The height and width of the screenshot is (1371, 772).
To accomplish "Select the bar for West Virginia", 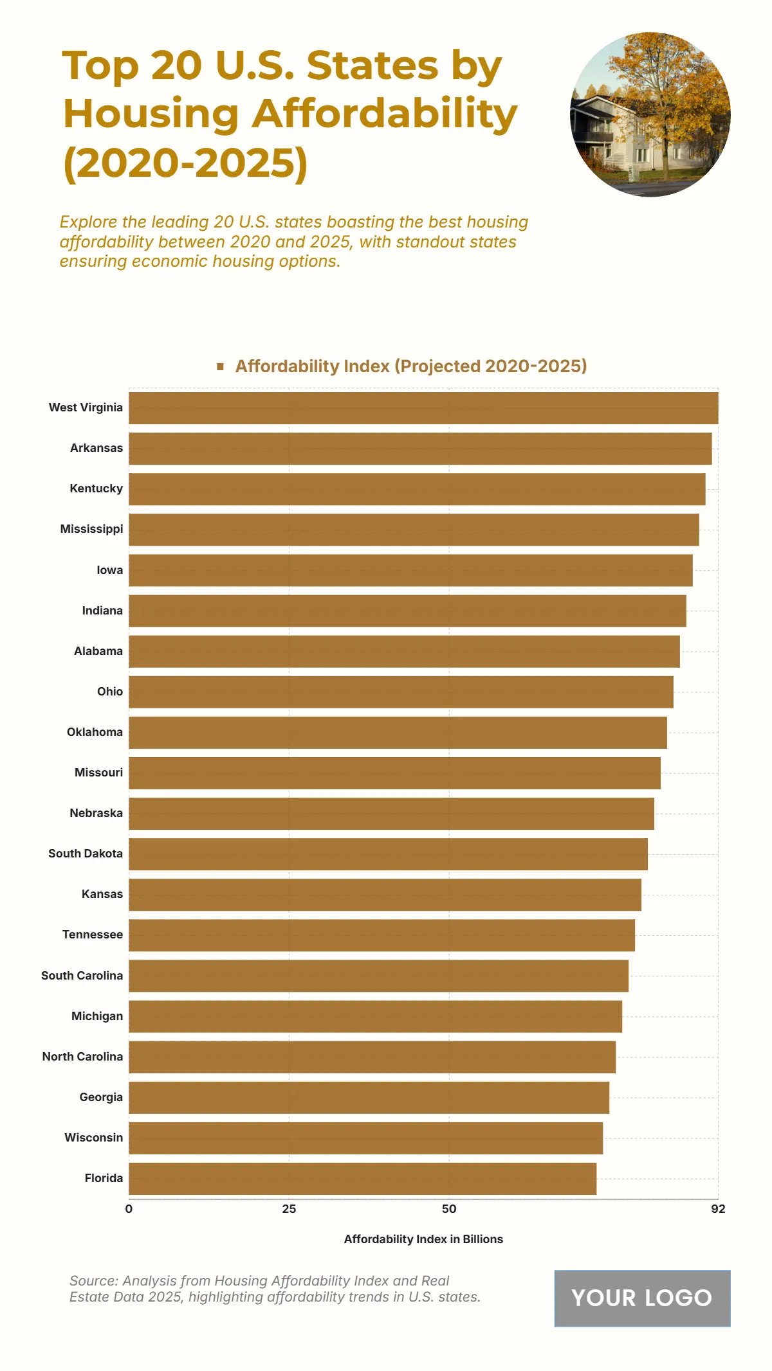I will [x=423, y=408].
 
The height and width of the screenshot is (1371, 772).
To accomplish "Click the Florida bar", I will [x=362, y=1179].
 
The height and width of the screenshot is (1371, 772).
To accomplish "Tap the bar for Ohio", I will [x=401, y=692].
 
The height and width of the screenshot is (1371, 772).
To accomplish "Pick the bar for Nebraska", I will [x=391, y=814].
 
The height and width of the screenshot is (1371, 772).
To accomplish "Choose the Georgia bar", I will [x=369, y=1098].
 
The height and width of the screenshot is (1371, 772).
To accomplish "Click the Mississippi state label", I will [x=91, y=529].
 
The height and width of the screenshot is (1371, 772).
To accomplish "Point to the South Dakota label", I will [x=86, y=854].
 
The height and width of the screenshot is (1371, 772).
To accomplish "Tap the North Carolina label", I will [x=82, y=1057].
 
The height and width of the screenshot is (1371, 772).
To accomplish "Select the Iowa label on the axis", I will [x=109, y=570].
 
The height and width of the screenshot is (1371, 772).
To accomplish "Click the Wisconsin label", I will [x=93, y=1138].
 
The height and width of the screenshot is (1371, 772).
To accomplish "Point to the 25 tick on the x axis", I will [x=289, y=1209].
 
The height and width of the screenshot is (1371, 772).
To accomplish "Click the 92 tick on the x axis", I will [x=718, y=1209].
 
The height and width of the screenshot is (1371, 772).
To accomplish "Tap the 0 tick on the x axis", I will [x=129, y=1209].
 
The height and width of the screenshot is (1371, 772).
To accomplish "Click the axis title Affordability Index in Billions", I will [x=423, y=1239].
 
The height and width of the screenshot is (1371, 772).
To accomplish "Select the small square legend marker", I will [x=220, y=366].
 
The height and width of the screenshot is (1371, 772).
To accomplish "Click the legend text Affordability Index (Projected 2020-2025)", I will [x=411, y=366].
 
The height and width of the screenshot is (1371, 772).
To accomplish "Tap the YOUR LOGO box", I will [x=642, y=1298].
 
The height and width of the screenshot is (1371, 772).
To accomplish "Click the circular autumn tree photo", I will [x=650, y=114].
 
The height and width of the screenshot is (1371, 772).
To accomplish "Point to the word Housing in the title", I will [x=151, y=114].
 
